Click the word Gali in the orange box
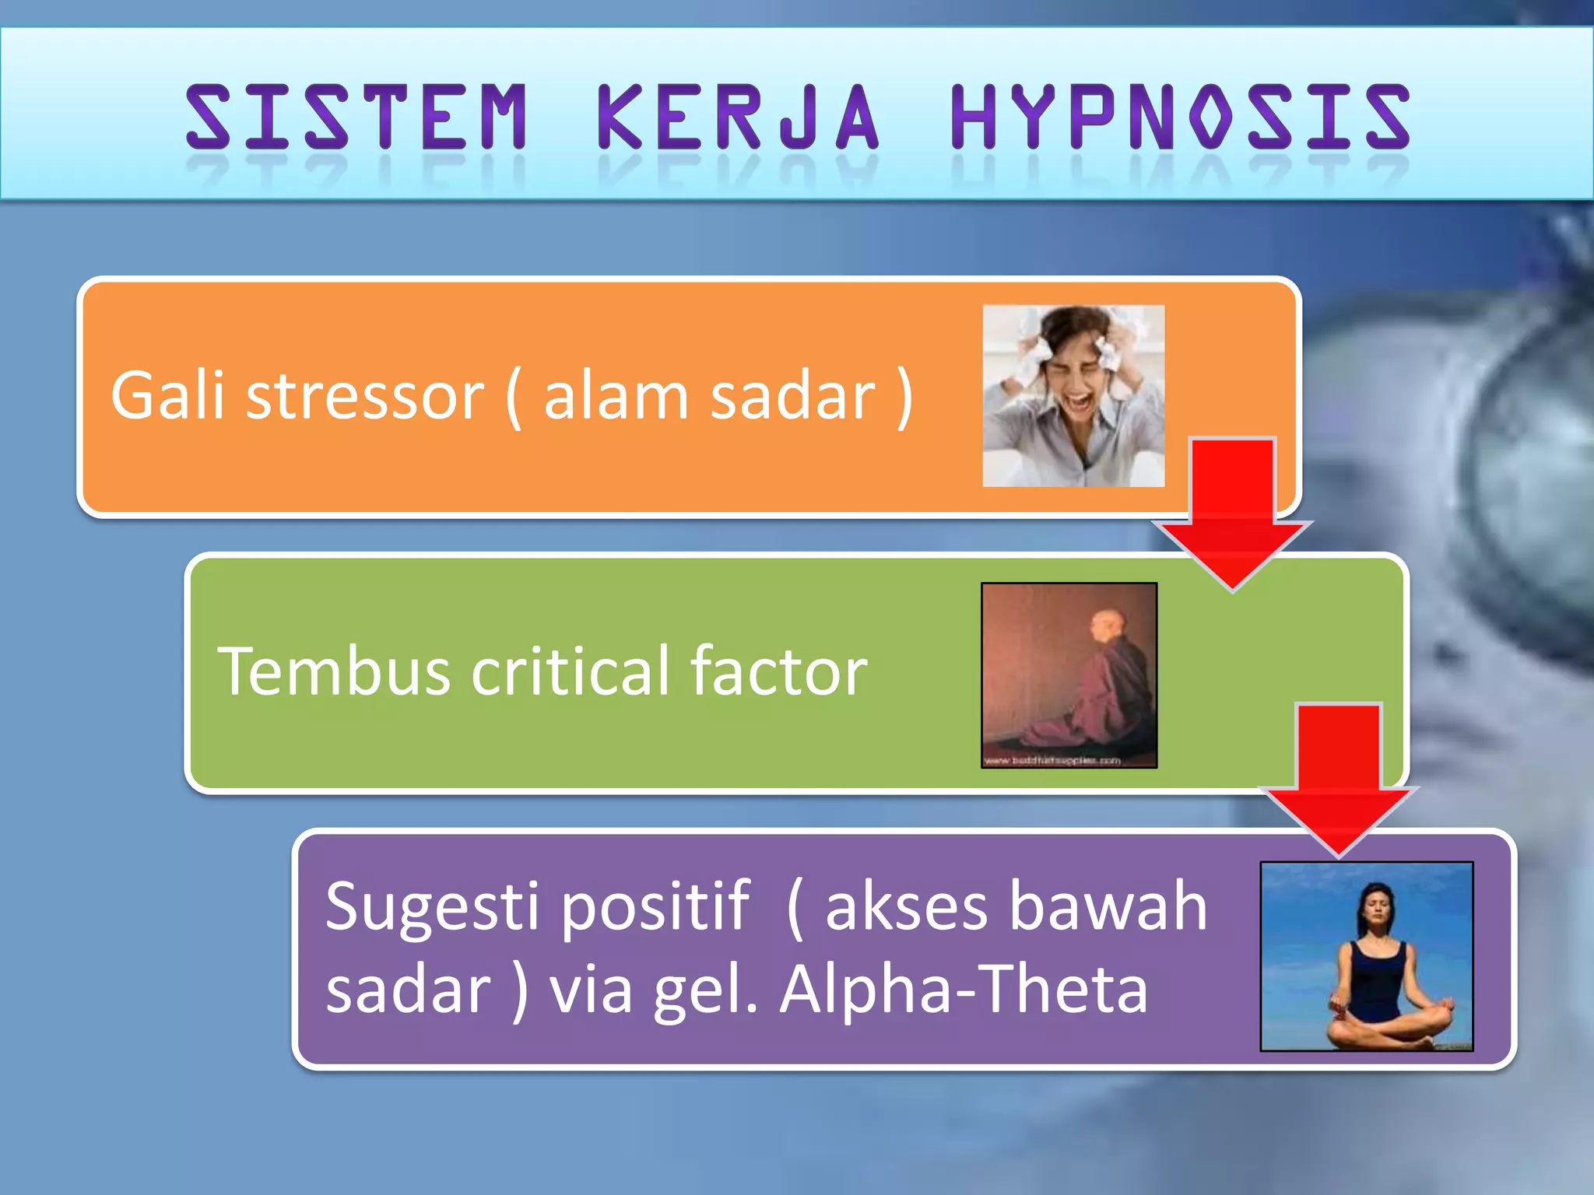pos(167,396)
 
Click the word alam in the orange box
pos(616,396)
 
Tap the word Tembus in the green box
pos(334,671)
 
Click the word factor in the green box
pos(778,671)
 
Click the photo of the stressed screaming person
pos(1073,396)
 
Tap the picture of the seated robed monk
pos(1069,675)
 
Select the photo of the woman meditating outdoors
pos(1366,956)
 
